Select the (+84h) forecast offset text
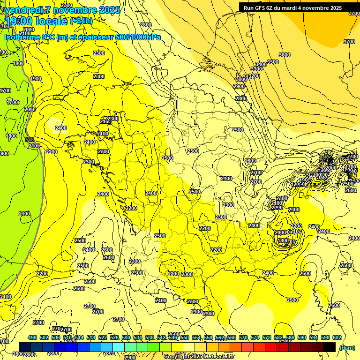81,21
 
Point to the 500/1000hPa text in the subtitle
137,37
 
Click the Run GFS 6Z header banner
292,8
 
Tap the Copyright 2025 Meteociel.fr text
199,356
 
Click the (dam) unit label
346,347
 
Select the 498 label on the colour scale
32,337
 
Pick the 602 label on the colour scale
337,337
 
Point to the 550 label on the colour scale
185,337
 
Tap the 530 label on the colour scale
126,337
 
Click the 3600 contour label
285,55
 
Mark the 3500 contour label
272,62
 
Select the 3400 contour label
261,64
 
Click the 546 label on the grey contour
30,140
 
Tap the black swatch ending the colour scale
330,347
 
